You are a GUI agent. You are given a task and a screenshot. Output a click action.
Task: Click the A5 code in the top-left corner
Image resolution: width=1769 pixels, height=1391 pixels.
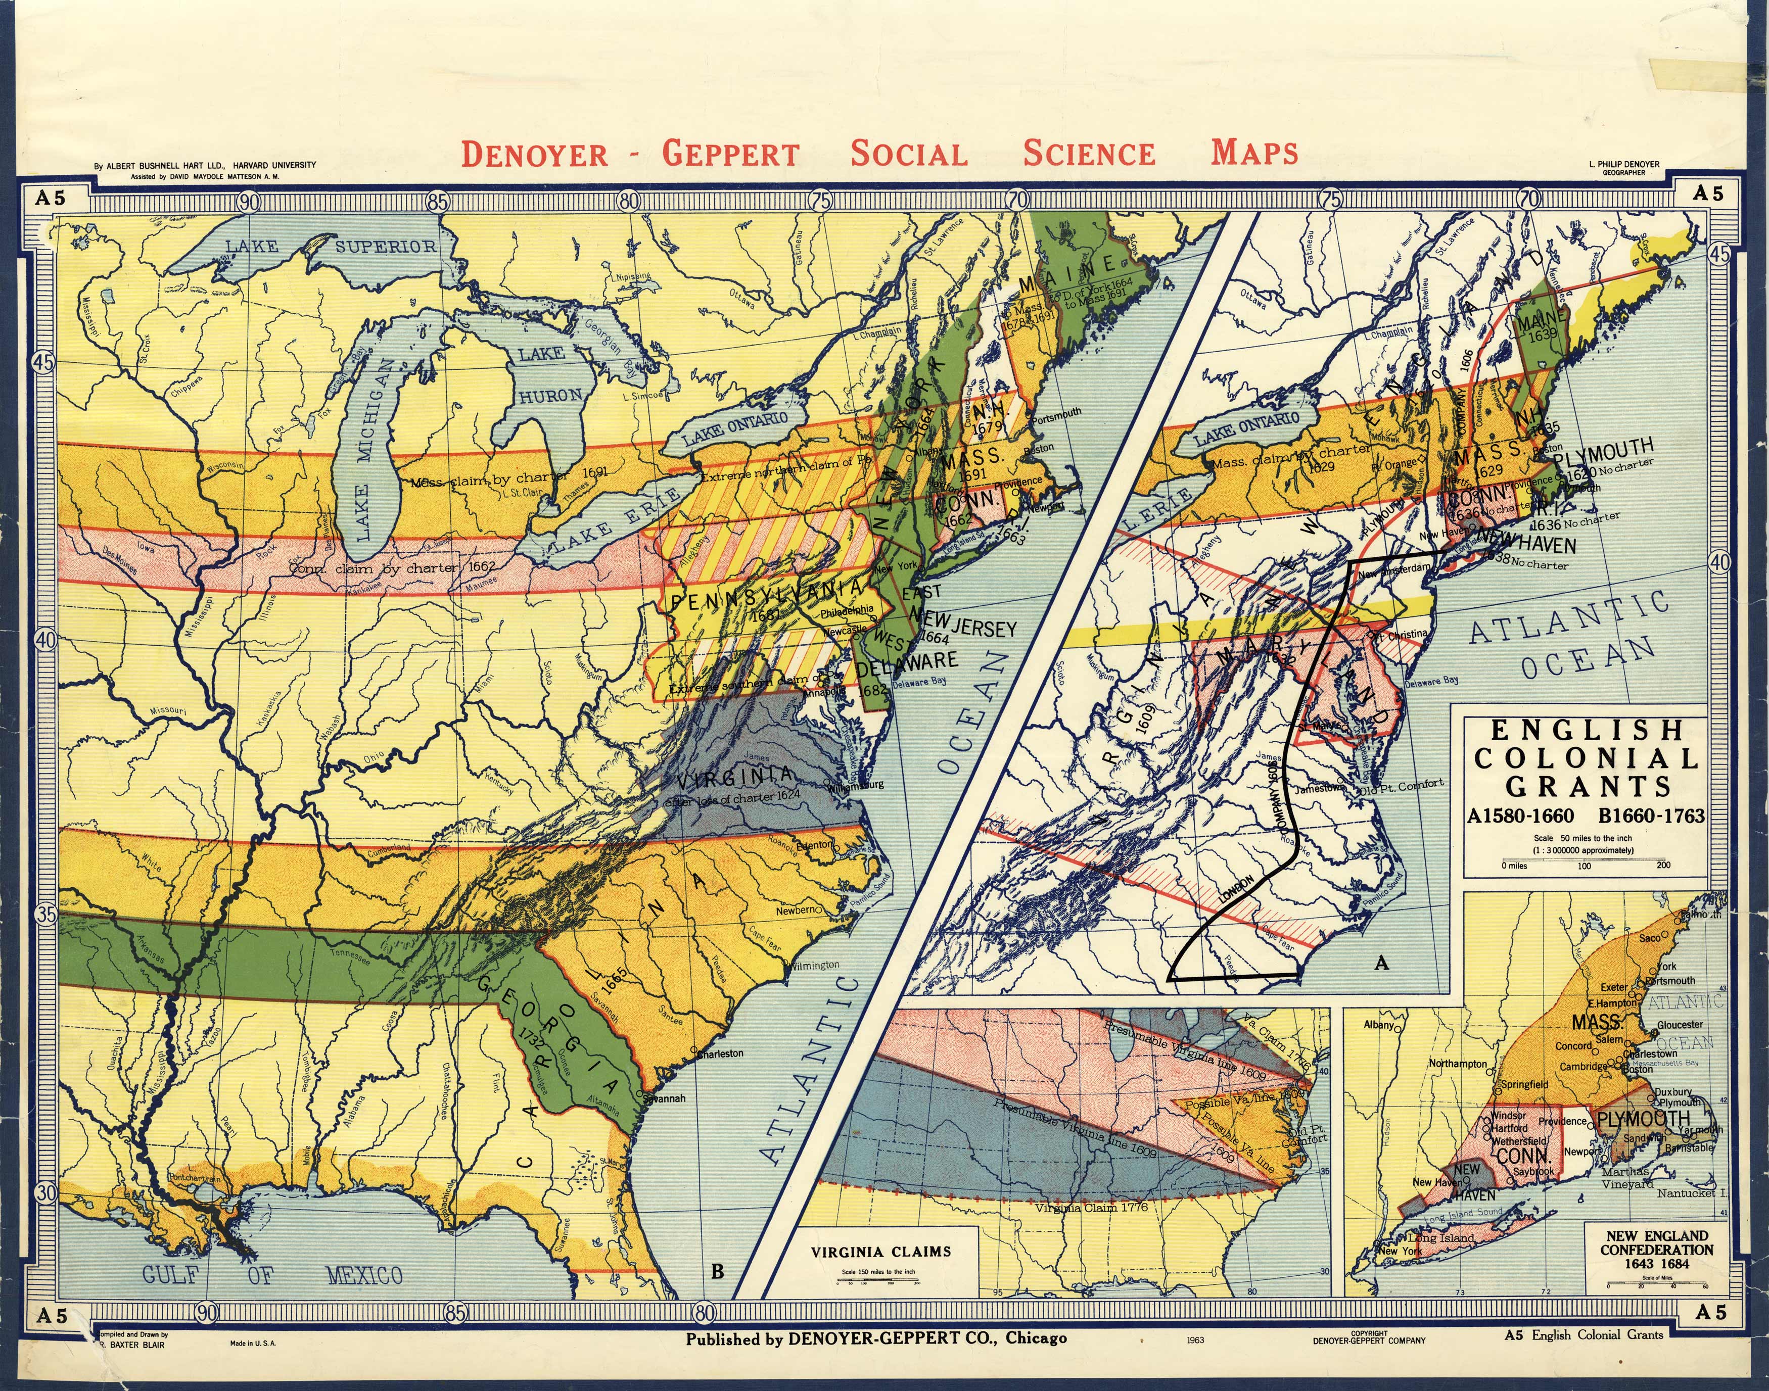49,196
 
